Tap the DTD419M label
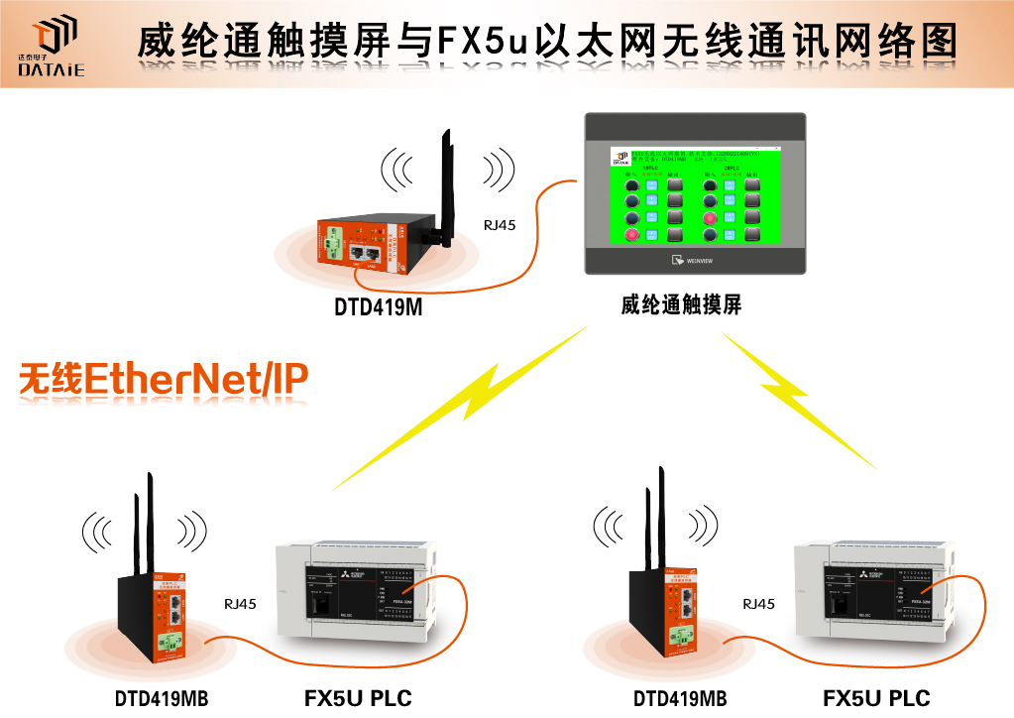point(378,308)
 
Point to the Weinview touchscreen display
point(694,192)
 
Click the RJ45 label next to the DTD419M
point(499,225)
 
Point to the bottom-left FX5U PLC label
point(357,698)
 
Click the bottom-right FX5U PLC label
point(876,698)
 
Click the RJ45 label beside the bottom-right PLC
point(758,603)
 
